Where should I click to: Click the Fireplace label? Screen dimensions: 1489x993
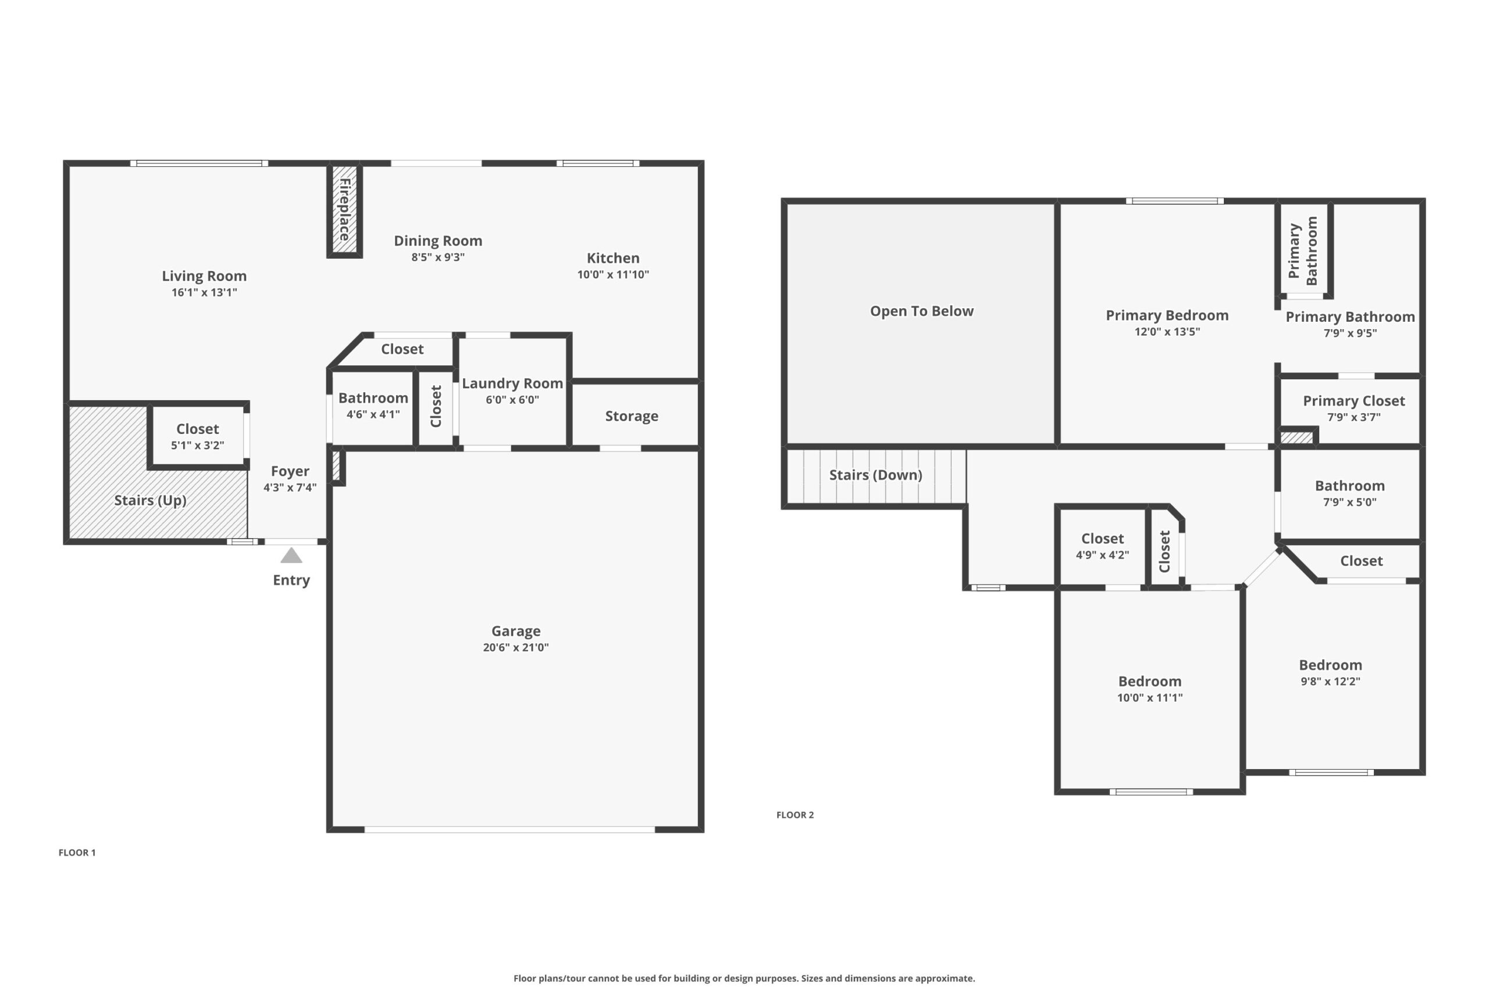344,209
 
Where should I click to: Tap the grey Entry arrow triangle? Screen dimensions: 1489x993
291,556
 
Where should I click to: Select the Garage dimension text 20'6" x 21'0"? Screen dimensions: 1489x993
516,647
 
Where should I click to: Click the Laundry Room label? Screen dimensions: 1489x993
512,383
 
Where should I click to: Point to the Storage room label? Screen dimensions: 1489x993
632,416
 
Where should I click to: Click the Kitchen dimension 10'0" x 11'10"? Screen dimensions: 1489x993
613,274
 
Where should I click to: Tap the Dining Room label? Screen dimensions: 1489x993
438,241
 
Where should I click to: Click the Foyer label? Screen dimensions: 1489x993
290,471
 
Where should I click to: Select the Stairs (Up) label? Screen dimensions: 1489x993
150,500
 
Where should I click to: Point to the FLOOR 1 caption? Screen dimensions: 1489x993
77,852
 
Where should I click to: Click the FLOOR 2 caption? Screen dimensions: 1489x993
795,815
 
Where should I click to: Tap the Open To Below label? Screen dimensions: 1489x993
922,311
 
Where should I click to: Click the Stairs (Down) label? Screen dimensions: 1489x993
875,475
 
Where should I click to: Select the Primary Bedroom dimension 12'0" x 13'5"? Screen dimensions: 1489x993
1167,331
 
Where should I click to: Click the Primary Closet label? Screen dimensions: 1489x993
1354,401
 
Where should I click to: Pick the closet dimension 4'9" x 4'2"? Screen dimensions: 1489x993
1102,555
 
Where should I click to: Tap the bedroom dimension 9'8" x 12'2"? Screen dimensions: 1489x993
1331,681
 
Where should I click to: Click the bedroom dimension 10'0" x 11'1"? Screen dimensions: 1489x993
1150,697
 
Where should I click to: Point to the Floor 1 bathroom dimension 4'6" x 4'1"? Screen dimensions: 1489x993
373,414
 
